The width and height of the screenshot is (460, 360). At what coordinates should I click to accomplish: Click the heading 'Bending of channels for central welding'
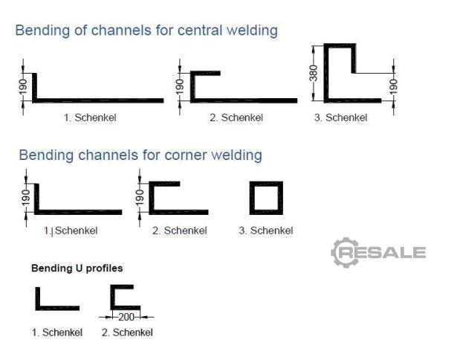pyautogui.click(x=146, y=30)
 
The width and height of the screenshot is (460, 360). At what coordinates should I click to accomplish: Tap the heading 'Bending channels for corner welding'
pyautogui.click(x=140, y=155)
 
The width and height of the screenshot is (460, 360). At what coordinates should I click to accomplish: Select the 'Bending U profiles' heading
pyautogui.click(x=77, y=268)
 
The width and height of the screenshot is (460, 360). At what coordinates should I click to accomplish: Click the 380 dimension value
pyautogui.click(x=314, y=73)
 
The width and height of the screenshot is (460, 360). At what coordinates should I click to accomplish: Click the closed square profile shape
pyautogui.click(x=266, y=198)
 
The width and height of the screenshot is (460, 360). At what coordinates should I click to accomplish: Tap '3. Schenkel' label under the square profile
pyautogui.click(x=265, y=231)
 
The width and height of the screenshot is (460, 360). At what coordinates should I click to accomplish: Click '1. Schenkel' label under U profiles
pyautogui.click(x=56, y=332)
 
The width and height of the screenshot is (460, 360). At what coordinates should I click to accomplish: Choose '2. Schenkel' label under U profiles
pyautogui.click(x=127, y=332)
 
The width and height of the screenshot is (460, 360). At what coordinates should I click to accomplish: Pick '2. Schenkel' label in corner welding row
pyautogui.click(x=179, y=231)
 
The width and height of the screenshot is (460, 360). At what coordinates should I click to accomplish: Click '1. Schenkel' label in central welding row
pyautogui.click(x=90, y=118)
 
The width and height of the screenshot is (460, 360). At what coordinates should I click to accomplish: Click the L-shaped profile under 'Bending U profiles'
pyautogui.click(x=55, y=300)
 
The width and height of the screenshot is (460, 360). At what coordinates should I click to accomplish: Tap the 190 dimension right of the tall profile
pyautogui.click(x=393, y=86)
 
